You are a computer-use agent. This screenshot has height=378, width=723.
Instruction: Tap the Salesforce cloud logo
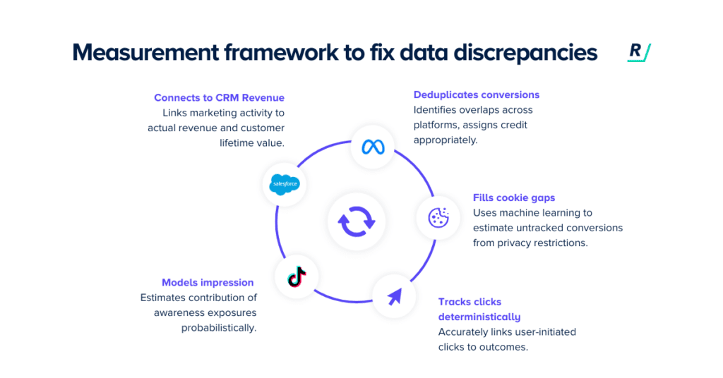[x=285, y=185]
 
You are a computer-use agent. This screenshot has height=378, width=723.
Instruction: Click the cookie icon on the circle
[x=438, y=217]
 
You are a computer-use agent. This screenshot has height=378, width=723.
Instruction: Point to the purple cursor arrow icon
[x=394, y=295]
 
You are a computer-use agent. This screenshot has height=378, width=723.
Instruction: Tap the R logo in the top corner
[x=639, y=54]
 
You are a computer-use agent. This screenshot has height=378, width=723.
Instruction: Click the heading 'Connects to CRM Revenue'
[x=219, y=97]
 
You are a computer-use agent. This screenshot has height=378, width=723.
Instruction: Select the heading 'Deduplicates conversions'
[x=477, y=94]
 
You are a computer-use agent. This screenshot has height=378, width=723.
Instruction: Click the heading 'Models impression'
[x=208, y=282]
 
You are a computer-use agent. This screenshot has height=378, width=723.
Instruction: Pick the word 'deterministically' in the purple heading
[x=479, y=317]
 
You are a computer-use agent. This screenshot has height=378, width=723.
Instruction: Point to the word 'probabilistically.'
[x=219, y=328]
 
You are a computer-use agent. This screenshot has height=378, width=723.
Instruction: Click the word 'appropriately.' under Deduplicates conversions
[x=446, y=140]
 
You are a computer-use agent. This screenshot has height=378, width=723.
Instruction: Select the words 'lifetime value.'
[x=252, y=142]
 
